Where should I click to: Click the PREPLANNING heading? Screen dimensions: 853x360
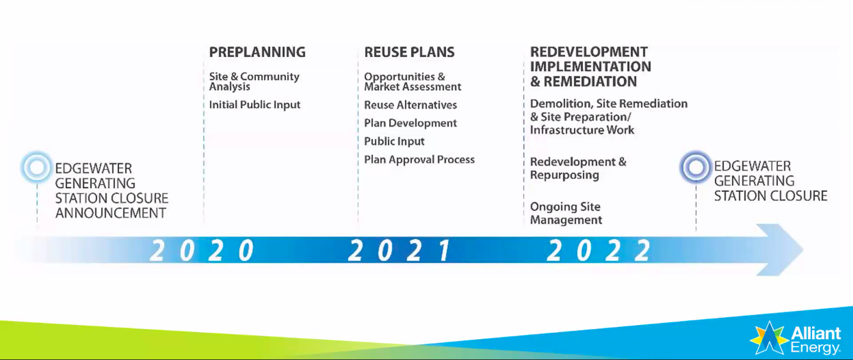257,52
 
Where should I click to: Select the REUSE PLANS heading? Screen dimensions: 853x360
409,52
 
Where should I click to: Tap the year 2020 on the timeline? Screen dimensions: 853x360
202,251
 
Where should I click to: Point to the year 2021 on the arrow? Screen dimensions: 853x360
400,251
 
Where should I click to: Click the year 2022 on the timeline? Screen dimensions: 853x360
599,251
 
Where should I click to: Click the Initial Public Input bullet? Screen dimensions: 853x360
255,105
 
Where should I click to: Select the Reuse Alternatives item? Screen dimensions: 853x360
411,105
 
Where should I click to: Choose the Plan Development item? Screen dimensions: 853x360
411,123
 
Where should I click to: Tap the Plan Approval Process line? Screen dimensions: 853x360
419,160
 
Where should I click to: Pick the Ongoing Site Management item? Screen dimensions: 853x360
566,213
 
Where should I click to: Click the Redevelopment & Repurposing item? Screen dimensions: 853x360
578,168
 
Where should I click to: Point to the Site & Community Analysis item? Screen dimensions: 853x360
254,81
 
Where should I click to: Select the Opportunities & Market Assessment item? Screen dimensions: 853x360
412,81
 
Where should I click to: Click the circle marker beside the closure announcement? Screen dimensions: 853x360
37,167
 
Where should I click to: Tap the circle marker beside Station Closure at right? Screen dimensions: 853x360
696,167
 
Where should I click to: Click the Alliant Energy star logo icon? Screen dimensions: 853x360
769,337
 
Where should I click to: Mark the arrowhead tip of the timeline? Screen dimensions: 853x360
804,250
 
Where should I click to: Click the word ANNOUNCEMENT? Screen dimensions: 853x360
111,213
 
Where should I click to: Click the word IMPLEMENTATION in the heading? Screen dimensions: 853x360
591,67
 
